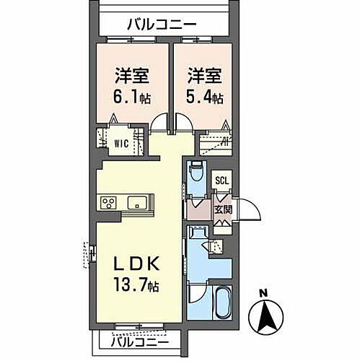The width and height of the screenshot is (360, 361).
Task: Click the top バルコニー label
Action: [162, 24]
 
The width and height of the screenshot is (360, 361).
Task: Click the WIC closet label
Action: [120, 142]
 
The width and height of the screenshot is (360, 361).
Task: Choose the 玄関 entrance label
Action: [223, 209]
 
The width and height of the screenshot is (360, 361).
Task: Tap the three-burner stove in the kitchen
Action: [110, 203]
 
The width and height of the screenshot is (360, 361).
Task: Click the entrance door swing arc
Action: [249, 211]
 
